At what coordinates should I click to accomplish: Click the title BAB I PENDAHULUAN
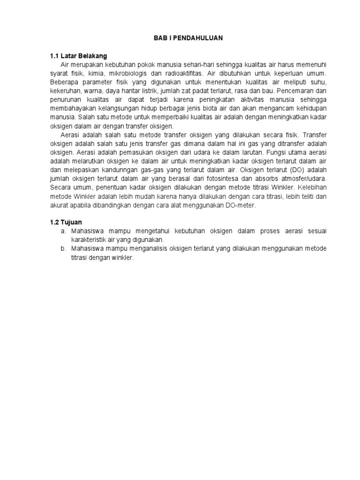coord(188,38)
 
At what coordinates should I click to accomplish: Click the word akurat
coord(59,205)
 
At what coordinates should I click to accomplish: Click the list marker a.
coord(62,232)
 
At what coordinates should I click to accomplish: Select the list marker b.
coord(62,249)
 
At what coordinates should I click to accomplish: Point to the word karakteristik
coord(87,240)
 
